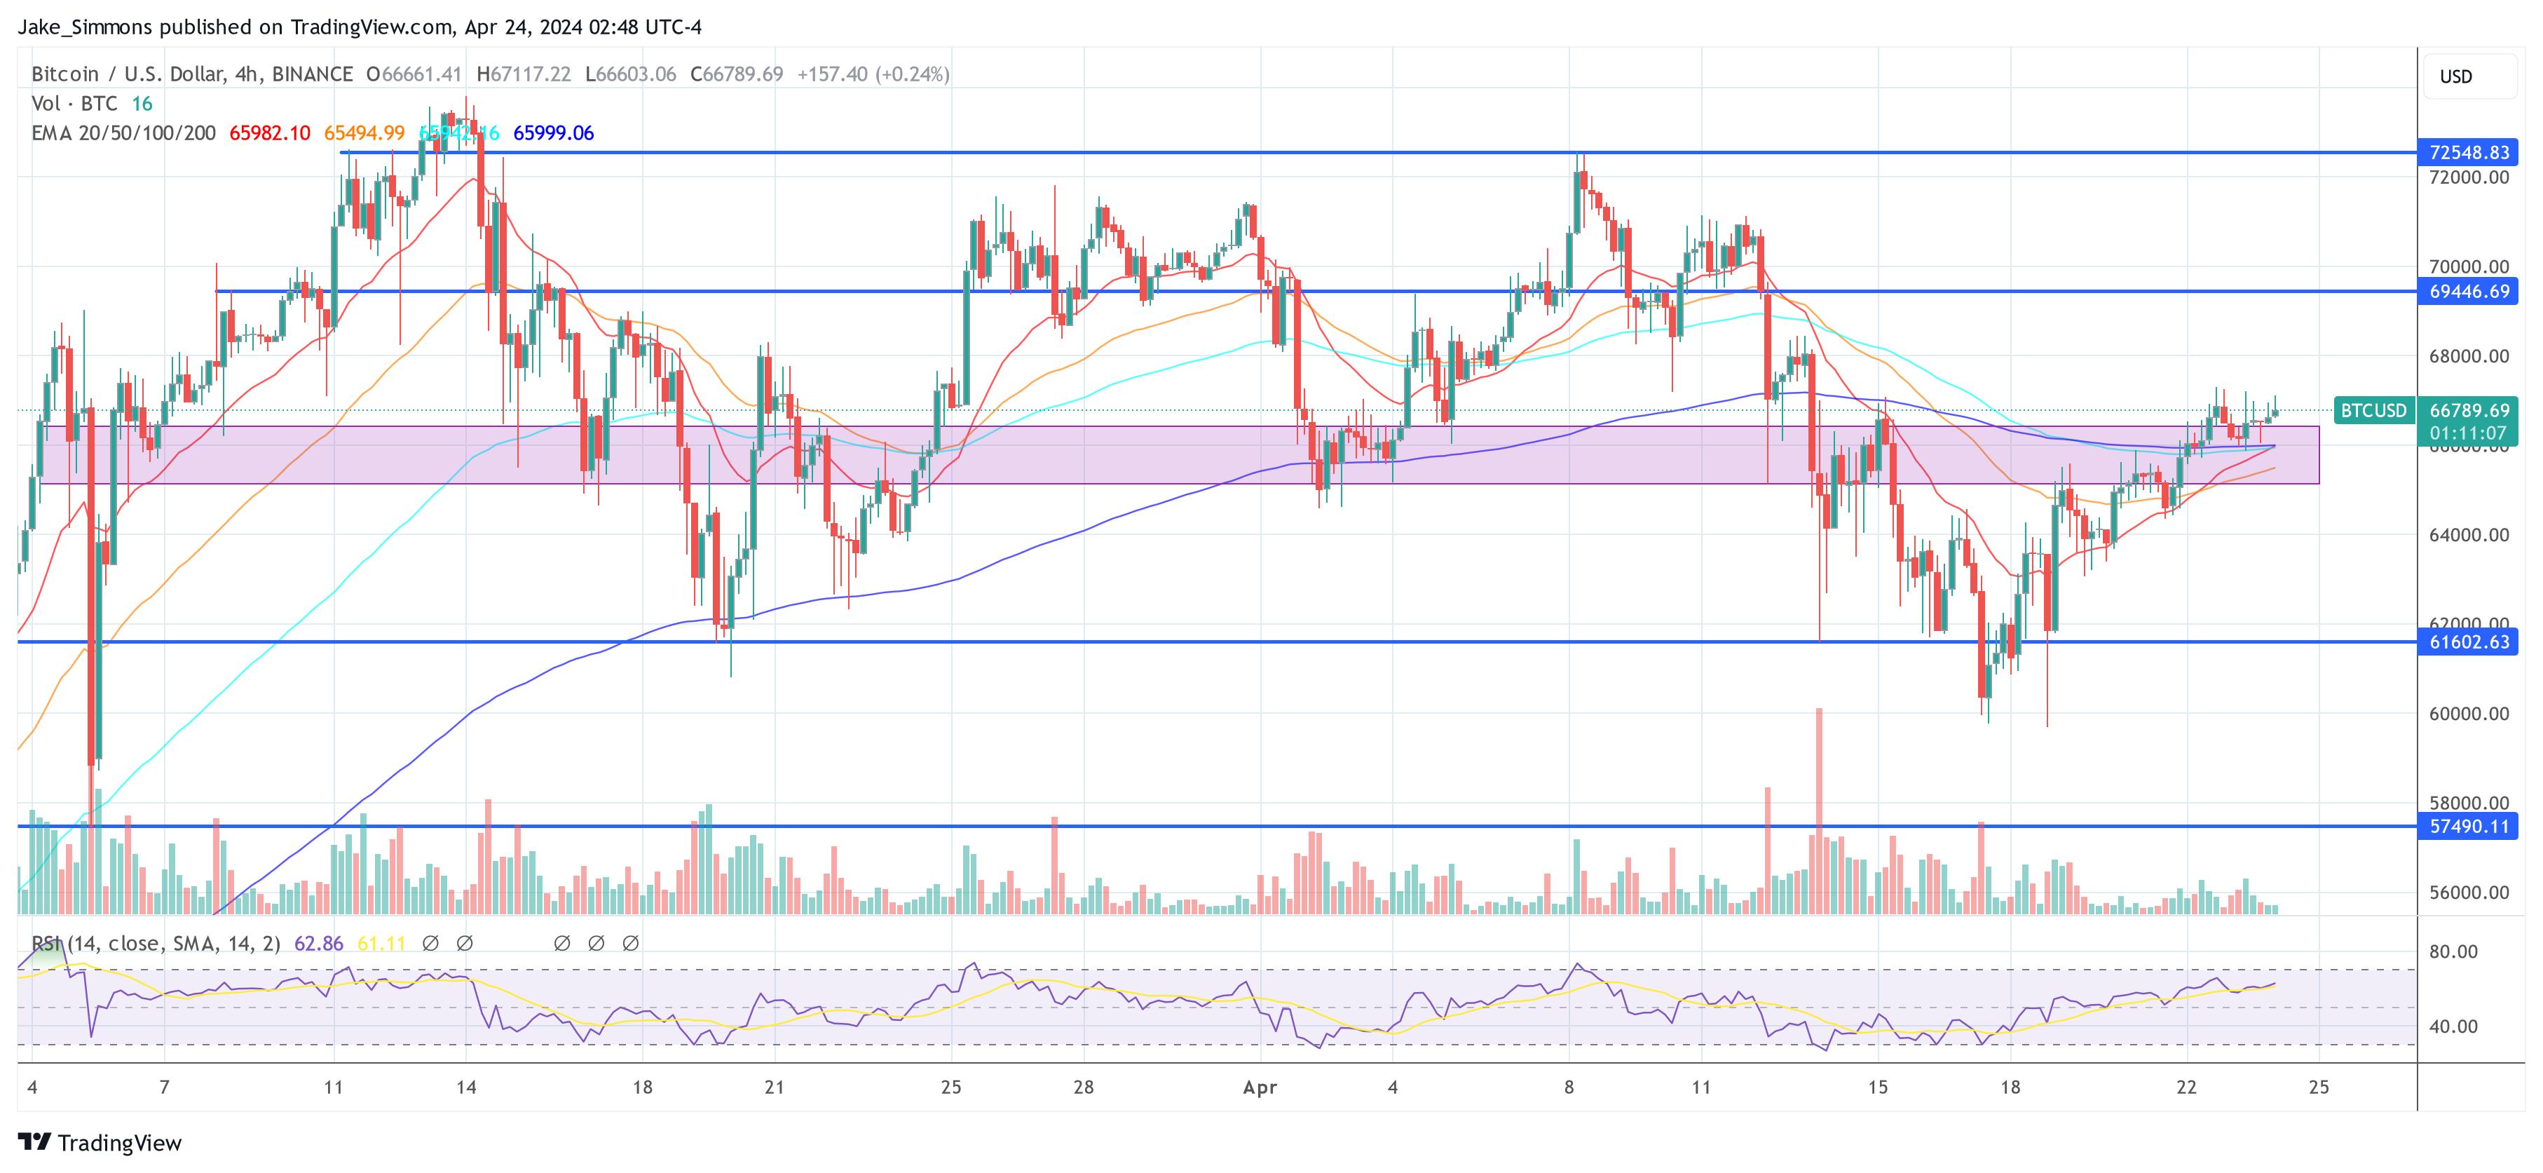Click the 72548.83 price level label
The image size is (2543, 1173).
[2468, 152]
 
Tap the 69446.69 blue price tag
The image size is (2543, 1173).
[2468, 291]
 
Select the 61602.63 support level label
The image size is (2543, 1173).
[2468, 642]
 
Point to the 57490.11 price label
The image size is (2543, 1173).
[2468, 827]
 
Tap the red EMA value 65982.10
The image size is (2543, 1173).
[269, 133]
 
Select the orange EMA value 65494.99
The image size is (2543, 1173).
[364, 133]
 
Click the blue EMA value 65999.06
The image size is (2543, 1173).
[553, 133]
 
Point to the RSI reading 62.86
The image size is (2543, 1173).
[319, 944]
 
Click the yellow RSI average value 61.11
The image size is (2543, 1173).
[381, 944]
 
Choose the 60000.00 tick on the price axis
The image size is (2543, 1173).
[2468, 714]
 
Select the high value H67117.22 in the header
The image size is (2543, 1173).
[523, 74]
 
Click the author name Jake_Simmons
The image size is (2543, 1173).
[86, 27]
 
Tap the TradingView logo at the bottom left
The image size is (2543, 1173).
[100, 1142]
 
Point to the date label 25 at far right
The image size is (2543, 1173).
[2318, 1087]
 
